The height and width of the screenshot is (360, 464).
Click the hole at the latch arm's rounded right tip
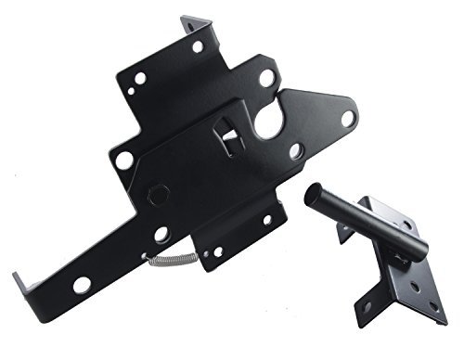347,118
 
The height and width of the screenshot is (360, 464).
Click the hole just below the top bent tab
198,46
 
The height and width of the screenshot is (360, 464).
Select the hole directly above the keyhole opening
266,79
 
